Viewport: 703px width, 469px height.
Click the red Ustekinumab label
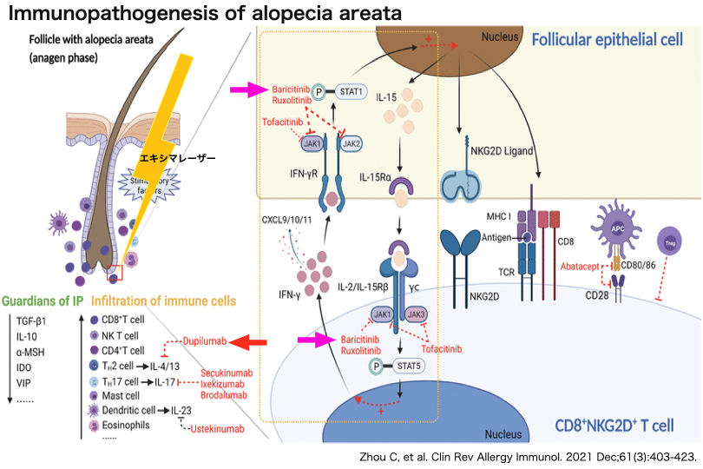[218, 429]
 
